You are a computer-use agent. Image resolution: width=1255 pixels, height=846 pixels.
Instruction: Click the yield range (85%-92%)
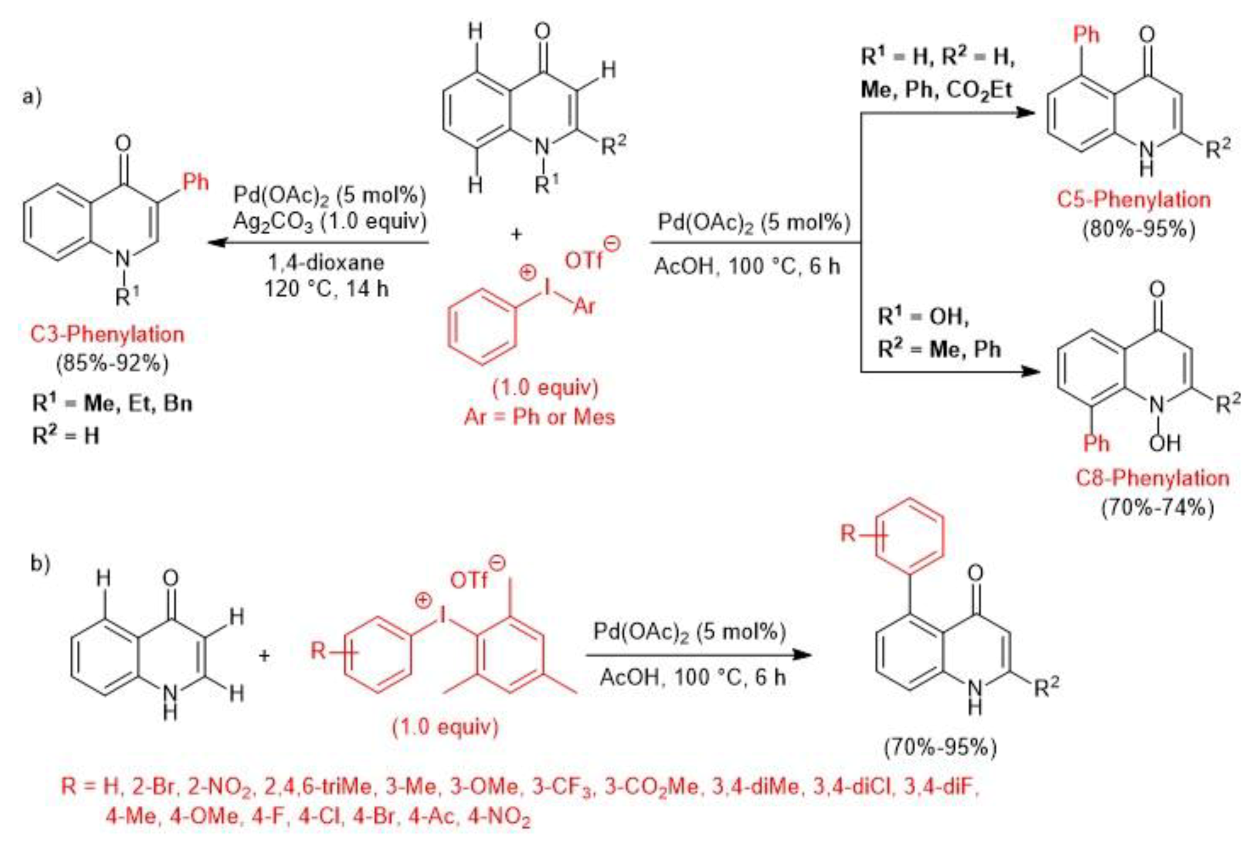[112, 363]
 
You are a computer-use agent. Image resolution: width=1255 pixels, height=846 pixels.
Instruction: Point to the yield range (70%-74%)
[1158, 508]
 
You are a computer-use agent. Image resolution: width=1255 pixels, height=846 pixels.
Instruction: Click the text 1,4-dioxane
[326, 263]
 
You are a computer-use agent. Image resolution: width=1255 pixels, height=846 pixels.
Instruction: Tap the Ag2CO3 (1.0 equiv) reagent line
[330, 222]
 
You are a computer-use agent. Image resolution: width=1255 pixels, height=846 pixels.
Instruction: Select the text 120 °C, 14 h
[326, 289]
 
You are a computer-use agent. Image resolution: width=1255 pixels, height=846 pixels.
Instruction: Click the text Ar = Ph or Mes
[539, 417]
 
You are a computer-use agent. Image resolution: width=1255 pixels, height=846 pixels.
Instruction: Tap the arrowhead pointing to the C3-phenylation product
[216, 242]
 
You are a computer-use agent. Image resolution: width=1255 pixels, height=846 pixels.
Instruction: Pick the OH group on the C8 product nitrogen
[1165, 443]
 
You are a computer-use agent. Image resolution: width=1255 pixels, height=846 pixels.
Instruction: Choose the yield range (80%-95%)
[1139, 229]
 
